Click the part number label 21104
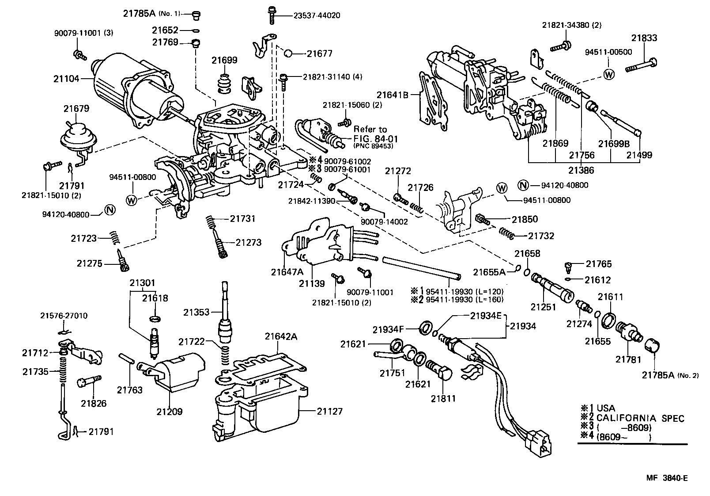tap(66, 79)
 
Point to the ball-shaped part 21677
tap(287, 53)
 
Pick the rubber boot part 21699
tap(225, 84)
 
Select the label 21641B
tap(392, 94)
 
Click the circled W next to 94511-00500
tap(608, 74)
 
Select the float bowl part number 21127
tap(329, 411)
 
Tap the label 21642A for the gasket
tap(281, 336)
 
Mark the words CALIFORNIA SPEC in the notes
tap(640, 418)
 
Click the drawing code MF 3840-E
tap(667, 478)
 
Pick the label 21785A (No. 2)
tap(669, 375)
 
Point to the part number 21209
tap(169, 412)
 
